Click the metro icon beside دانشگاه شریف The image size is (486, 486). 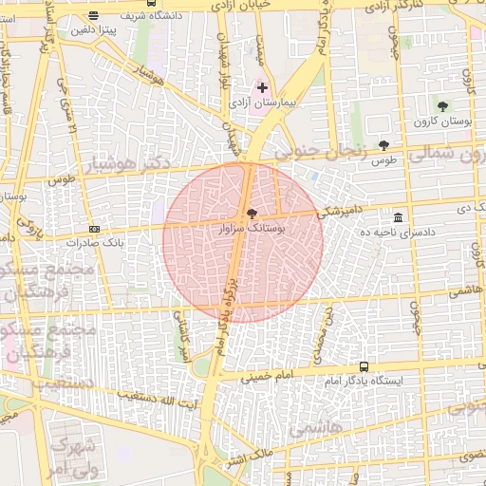point(93,15)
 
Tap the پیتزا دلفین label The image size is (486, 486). point(92,30)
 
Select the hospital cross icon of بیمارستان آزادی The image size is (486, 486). point(263,87)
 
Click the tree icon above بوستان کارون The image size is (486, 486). point(442,106)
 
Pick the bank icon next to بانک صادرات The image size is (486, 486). point(95,229)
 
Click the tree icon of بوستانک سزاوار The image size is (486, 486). point(252,215)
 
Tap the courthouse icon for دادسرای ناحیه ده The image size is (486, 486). point(397,217)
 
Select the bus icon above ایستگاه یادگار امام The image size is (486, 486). point(364,366)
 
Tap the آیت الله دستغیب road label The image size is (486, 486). point(165,395)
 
